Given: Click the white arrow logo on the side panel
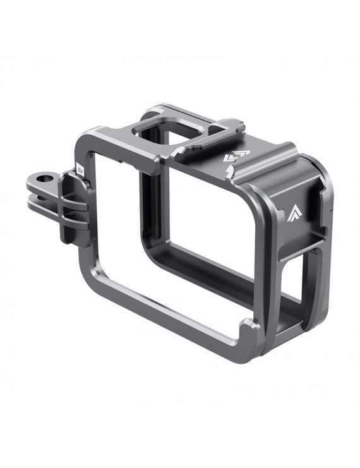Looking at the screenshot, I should [x=296, y=212].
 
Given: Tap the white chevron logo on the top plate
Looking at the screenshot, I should [x=238, y=155].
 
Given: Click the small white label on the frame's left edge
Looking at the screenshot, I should [x=81, y=169].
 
